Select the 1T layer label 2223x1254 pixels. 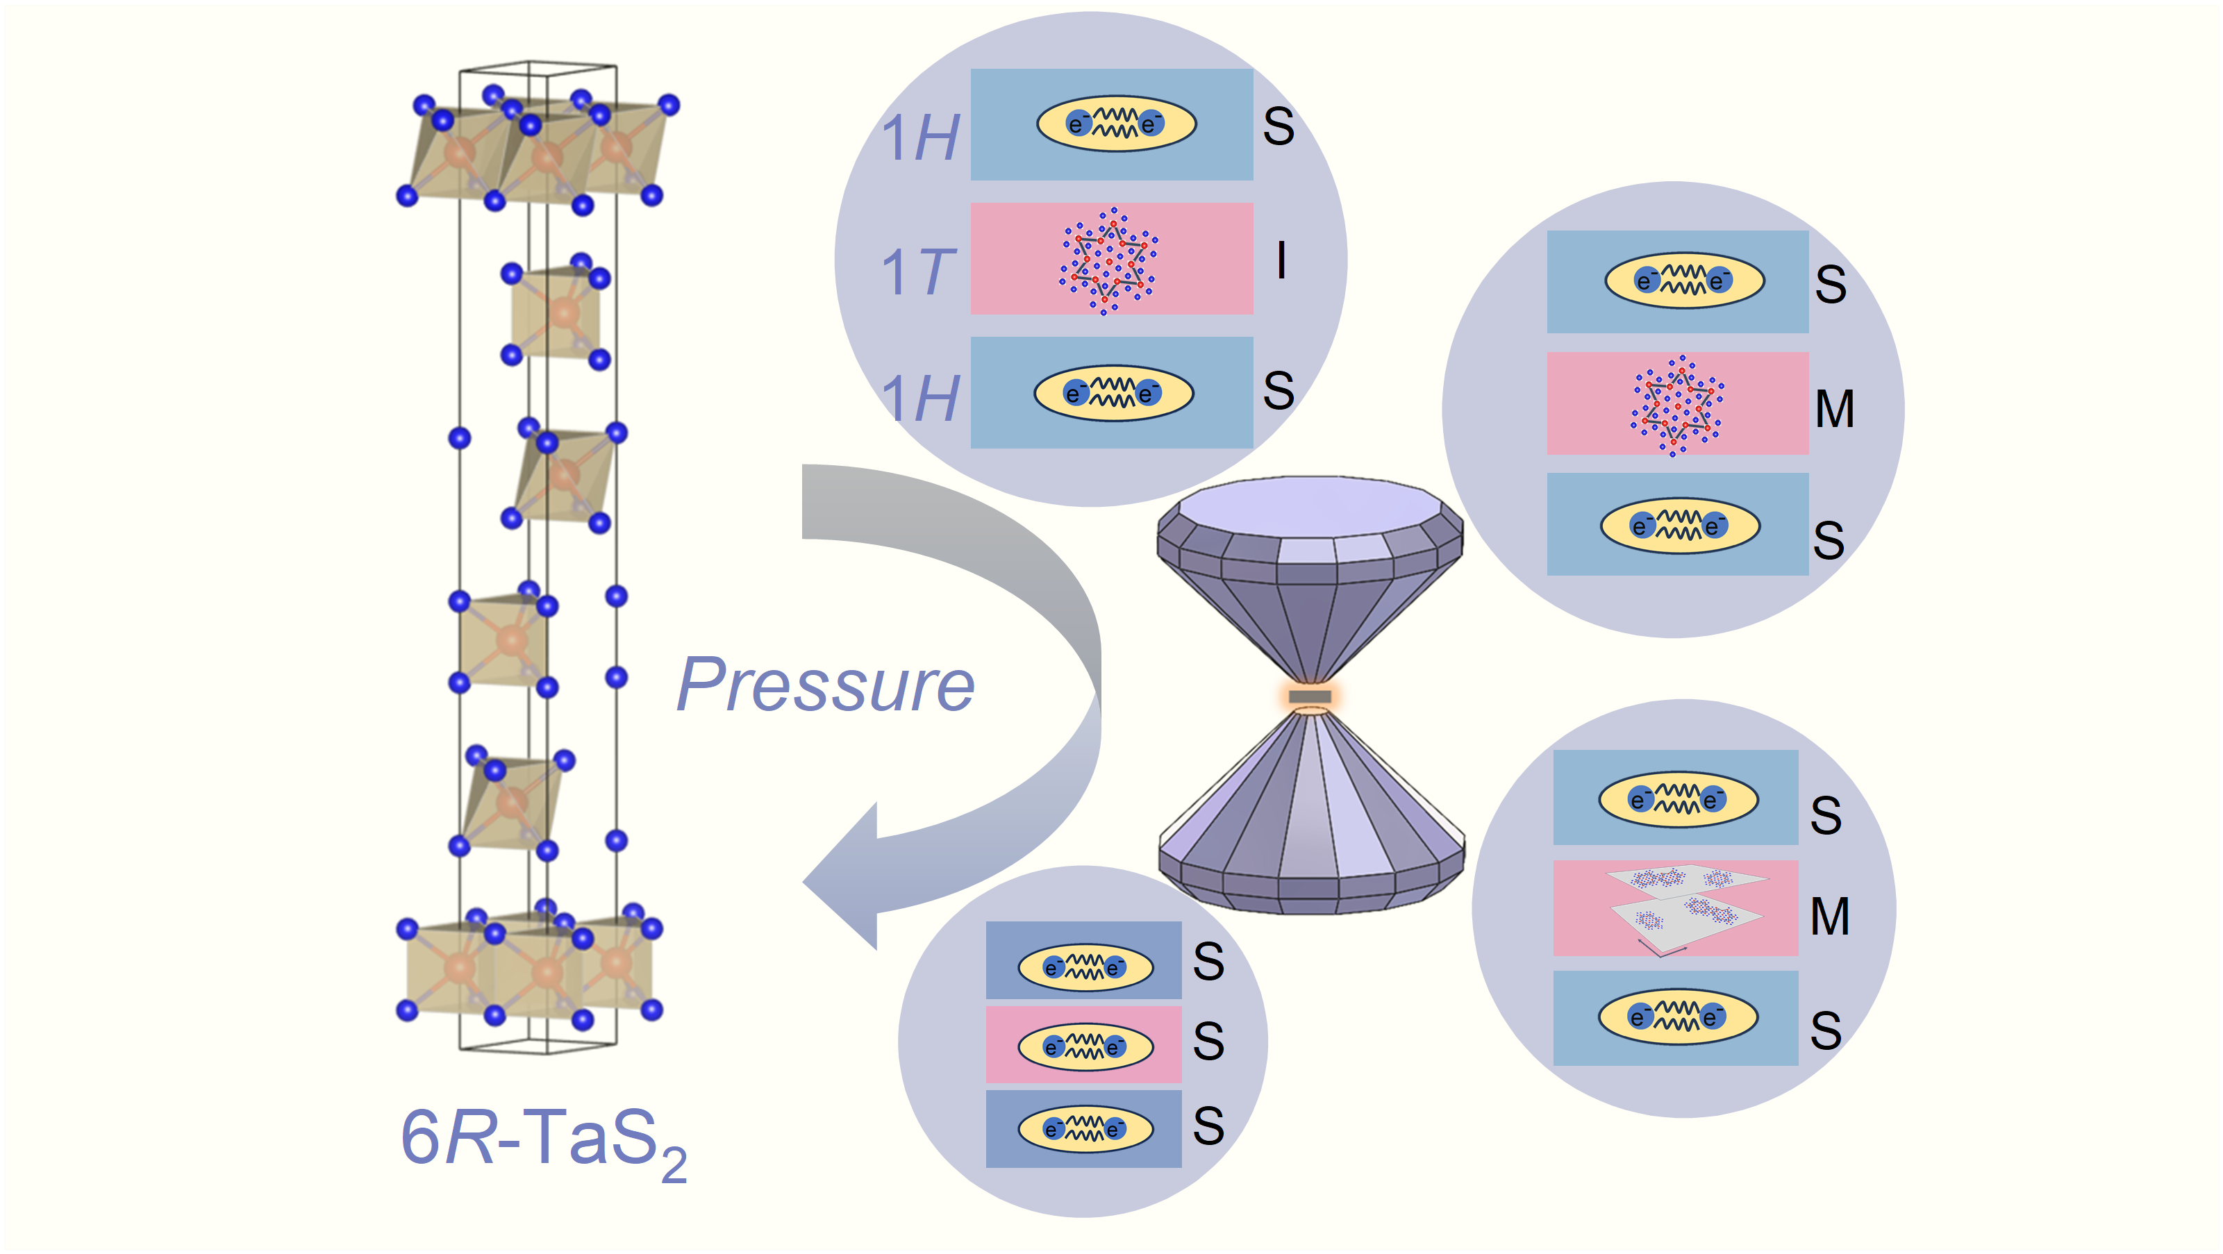click(917, 271)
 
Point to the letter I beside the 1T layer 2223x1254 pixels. click(1281, 260)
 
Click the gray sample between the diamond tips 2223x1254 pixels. click(1310, 696)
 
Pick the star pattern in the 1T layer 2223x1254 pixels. click(1110, 260)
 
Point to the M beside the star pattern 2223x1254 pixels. click(1834, 409)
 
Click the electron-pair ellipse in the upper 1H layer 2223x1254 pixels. click(1116, 124)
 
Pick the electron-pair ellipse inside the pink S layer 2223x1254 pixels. click(1085, 1046)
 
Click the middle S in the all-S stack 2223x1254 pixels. click(1208, 1042)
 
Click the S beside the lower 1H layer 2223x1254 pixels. click(1278, 391)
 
